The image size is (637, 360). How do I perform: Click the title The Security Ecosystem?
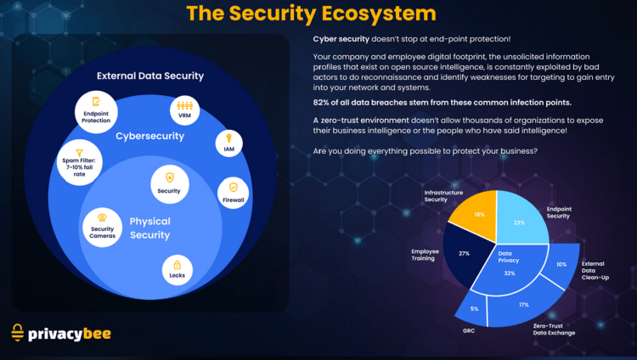coord(311,14)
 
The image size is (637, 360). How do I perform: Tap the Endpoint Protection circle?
coord(97,111)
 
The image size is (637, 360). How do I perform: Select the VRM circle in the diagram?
coord(184,110)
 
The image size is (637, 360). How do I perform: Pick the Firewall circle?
coord(234,192)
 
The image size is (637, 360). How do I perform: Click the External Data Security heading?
coord(150,76)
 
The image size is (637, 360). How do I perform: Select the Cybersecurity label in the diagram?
coord(150,135)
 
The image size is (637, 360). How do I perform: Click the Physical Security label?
coord(150,228)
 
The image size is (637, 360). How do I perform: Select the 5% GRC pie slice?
coord(474,307)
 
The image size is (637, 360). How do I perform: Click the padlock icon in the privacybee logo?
coord(18,334)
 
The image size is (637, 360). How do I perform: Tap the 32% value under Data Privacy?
coord(509,273)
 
